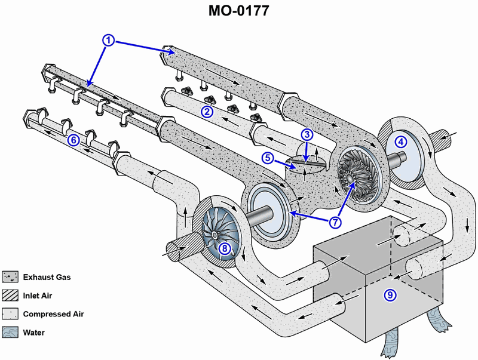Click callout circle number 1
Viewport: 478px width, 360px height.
coord(108,40)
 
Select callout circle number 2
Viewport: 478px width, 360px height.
coord(207,111)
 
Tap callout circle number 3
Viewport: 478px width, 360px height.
coord(307,134)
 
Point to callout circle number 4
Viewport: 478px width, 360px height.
coord(401,141)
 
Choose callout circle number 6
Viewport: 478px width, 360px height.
coord(73,140)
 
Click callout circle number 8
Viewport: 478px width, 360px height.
coord(224,249)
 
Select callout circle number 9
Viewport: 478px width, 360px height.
coord(390,294)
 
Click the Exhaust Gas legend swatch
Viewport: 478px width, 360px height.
coord(10,277)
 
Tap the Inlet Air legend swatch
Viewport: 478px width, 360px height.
coord(10,296)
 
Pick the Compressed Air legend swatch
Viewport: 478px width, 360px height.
coord(10,314)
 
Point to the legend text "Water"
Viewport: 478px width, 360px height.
coord(34,333)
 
